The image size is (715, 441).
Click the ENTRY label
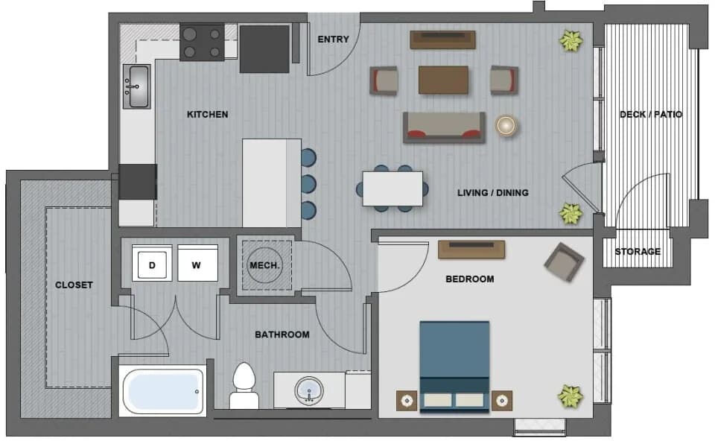coord(334,39)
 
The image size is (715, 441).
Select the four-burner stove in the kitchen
coord(202,42)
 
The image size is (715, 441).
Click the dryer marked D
coord(152,263)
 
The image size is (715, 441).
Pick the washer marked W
coord(197,263)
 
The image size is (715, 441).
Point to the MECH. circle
coord(265,265)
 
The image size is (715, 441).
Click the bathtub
coord(162,392)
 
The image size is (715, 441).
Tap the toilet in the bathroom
coord(244,386)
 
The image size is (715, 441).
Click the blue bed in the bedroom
coord(454,367)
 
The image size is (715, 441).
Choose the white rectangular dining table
coord(393,188)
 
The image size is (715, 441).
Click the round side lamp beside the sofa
coord(506,125)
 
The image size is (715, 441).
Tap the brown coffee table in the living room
coord(443,80)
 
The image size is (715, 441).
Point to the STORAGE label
coord(638,251)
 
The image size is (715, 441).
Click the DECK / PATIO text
coord(651,114)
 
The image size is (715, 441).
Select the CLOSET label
coord(74,285)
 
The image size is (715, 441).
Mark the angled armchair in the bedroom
coord(564,261)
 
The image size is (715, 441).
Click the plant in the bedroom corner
coord(571,396)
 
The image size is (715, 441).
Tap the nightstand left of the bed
coord(407,401)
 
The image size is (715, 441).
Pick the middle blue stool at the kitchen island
coord(308,184)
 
